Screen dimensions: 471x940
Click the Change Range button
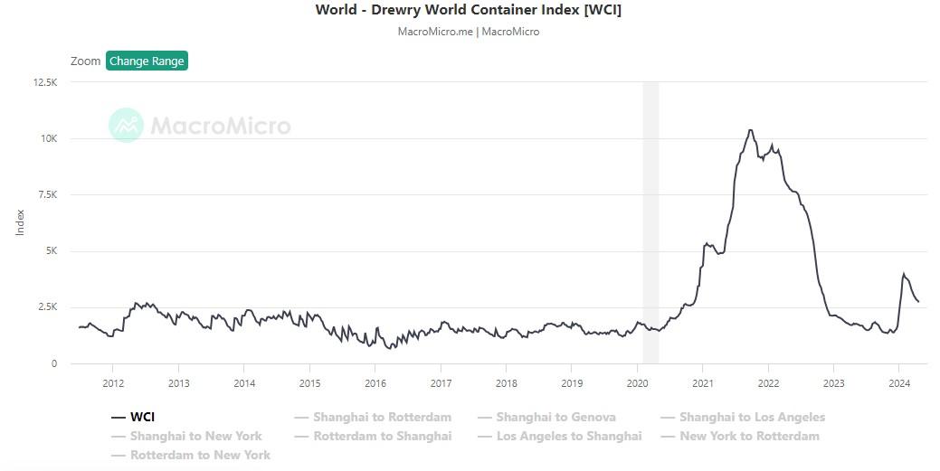pyautogui.click(x=147, y=61)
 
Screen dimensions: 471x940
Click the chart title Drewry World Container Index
pyautogui.click(x=468, y=10)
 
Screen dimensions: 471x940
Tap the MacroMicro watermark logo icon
pyautogui.click(x=126, y=125)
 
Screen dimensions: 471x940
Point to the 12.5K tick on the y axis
pyautogui.click(x=44, y=82)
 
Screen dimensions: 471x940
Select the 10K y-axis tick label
pyautogui.click(x=48, y=138)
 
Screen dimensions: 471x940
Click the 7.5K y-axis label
pyautogui.click(x=46, y=194)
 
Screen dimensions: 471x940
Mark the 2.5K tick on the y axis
pyautogui.click(x=46, y=307)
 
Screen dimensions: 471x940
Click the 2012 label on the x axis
pyautogui.click(x=112, y=383)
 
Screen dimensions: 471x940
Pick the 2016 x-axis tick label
pyautogui.click(x=375, y=383)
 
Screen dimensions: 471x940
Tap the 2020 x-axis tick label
pyautogui.click(x=638, y=383)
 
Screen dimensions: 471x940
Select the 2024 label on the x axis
pyautogui.click(x=899, y=383)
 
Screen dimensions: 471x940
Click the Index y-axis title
pyautogui.click(x=20, y=222)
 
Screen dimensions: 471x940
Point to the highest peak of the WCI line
pyautogui.click(x=750, y=130)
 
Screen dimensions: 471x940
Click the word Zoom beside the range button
pyautogui.click(x=85, y=61)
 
